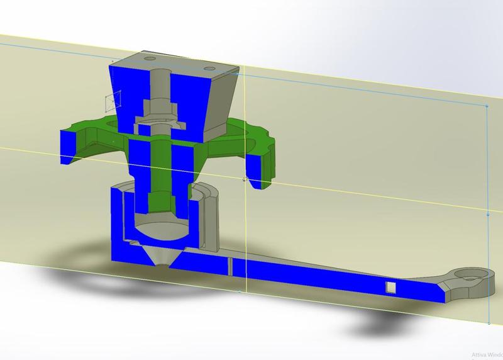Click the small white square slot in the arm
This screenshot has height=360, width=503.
[x=390, y=287]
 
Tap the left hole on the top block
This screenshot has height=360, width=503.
[x=150, y=58]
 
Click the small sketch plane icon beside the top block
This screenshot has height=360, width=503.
[x=112, y=100]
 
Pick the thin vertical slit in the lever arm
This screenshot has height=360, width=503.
[x=231, y=267]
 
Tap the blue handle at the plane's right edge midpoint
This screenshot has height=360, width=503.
[x=489, y=214]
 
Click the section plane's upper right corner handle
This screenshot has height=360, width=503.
[x=489, y=106]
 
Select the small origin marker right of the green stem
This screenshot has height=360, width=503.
[x=244, y=179]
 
